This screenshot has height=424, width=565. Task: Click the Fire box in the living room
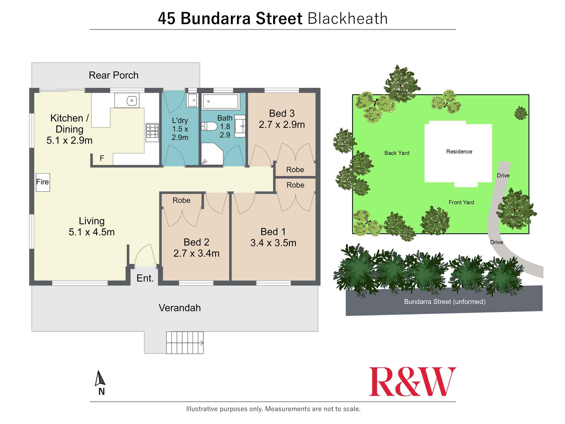tap(43, 182)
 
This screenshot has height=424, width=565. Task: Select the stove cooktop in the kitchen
tap(152, 132)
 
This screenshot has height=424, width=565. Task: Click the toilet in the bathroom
tap(209, 126)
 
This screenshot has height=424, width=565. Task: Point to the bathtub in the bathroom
tap(221, 101)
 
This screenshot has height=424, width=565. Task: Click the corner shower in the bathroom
tap(211, 154)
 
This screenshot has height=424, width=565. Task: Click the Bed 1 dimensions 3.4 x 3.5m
tap(273, 243)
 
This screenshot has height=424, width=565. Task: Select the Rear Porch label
tap(114, 75)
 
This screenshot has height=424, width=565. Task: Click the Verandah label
tap(180, 308)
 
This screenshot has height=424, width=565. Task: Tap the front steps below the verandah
tap(185, 343)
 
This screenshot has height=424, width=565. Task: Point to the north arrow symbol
tap(99, 378)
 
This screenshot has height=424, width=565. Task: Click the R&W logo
tap(412, 382)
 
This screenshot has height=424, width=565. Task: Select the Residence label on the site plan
tap(459, 152)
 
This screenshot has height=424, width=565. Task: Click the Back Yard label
tap(397, 153)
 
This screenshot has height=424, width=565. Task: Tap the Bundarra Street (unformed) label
tap(445, 302)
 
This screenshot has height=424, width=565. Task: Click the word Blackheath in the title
tap(347, 19)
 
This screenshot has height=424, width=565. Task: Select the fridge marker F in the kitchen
tap(102, 158)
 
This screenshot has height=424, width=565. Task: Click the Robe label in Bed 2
tap(181, 200)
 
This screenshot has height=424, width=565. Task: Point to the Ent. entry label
tap(145, 278)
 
